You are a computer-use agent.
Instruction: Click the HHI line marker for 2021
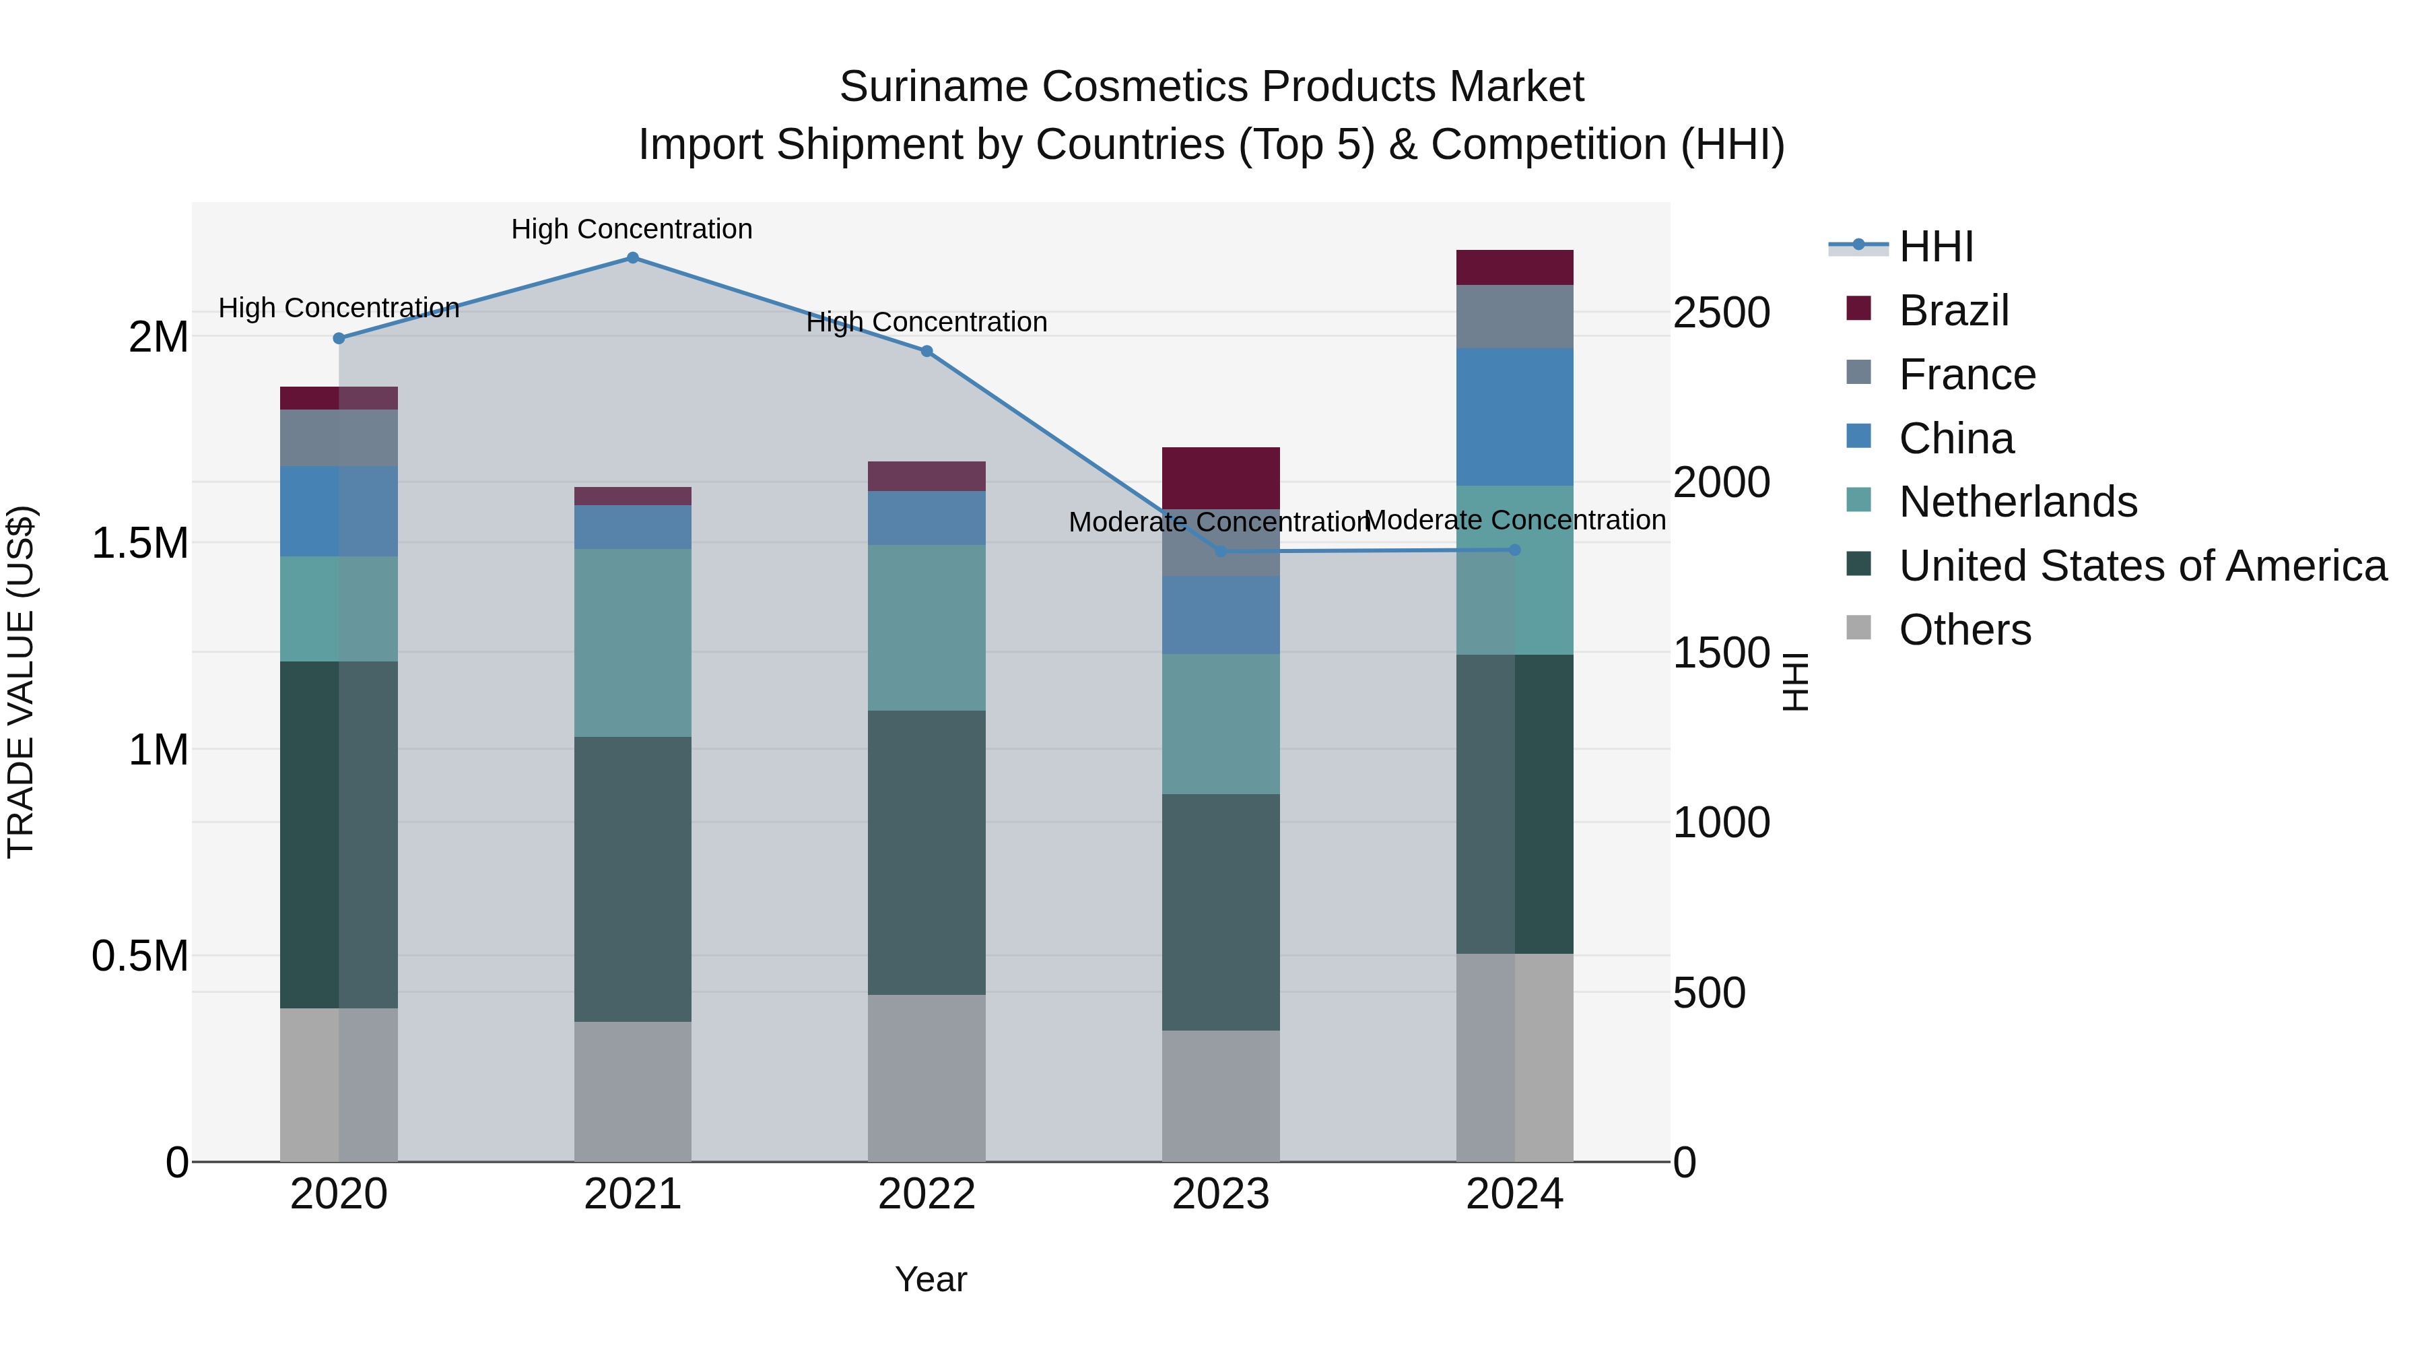click(x=632, y=258)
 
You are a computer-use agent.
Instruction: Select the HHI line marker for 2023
click(x=1221, y=551)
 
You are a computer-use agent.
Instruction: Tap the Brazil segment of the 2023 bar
click(x=1221, y=478)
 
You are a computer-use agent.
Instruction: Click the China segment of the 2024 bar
click(x=1514, y=417)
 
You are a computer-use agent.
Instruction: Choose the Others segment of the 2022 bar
click(x=926, y=1078)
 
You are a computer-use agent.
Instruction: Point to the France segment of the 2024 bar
click(x=1514, y=317)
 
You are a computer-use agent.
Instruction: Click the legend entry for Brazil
click(x=1953, y=311)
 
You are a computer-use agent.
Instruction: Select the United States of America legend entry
click(x=2142, y=566)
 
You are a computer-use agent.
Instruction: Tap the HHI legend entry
click(x=1936, y=247)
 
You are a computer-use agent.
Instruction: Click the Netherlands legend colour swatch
click(x=1858, y=500)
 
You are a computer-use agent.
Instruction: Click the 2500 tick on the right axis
click(x=1721, y=313)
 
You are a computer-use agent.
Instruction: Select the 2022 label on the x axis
click(x=926, y=1194)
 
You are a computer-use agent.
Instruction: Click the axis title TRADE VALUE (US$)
click(x=21, y=682)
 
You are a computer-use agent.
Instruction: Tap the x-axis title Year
click(x=931, y=1279)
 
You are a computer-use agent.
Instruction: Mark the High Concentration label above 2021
click(x=632, y=229)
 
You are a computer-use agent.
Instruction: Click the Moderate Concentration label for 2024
click(x=1514, y=519)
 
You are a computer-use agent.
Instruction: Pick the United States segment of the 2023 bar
click(x=1221, y=911)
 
